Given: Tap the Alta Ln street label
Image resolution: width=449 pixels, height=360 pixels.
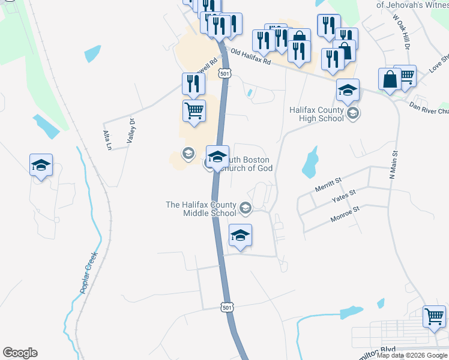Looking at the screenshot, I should click(x=106, y=140).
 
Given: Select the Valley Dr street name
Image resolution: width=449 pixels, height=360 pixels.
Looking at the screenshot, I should click(x=128, y=130).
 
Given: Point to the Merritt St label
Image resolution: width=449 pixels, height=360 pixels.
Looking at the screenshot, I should click(x=328, y=185).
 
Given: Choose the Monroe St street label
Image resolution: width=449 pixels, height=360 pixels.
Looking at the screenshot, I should click(x=345, y=214).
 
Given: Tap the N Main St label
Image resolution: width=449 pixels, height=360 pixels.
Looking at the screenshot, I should click(x=394, y=166).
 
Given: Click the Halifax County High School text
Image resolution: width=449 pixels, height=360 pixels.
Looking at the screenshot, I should click(x=317, y=114).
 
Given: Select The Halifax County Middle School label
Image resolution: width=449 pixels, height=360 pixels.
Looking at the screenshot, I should click(x=201, y=209).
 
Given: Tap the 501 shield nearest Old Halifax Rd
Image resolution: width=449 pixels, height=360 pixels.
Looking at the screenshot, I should click(x=224, y=73).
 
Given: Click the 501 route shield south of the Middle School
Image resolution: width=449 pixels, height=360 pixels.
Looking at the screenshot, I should click(x=226, y=307).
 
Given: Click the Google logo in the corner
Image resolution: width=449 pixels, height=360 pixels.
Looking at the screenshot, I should click(x=20, y=353).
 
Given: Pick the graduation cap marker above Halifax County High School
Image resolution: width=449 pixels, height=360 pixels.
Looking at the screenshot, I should click(x=348, y=90).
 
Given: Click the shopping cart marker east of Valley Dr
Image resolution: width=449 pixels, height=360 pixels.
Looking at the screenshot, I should click(x=194, y=110).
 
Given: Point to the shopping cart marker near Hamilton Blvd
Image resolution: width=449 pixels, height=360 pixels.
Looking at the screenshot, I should click(x=434, y=316).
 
